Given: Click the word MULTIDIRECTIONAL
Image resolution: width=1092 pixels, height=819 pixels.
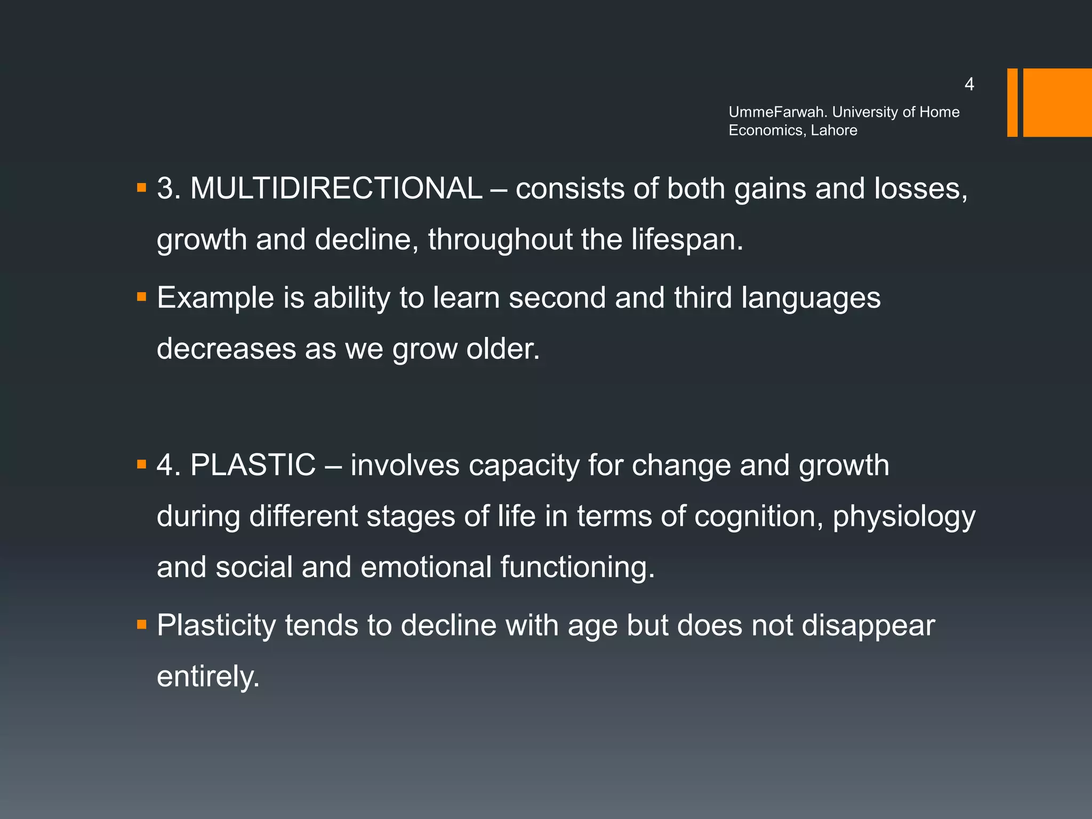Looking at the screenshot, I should click(x=336, y=189).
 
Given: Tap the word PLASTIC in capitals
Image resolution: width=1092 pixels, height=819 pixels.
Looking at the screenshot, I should click(x=253, y=465).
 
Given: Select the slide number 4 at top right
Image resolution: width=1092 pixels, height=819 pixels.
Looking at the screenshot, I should click(x=969, y=84).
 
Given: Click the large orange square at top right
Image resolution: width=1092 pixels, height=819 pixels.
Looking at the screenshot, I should click(x=1057, y=102).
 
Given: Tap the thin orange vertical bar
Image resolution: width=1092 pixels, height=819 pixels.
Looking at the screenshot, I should click(x=1012, y=102).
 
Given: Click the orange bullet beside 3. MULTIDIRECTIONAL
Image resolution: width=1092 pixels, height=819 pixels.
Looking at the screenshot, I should click(x=141, y=188).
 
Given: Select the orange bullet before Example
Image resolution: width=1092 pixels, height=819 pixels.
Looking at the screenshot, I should click(x=141, y=296).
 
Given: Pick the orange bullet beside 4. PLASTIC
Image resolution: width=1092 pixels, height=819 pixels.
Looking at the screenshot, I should click(x=141, y=464).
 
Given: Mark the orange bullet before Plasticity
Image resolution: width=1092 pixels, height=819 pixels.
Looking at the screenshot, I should click(x=141, y=624).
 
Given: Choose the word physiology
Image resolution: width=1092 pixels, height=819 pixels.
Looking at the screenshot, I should click(x=904, y=517).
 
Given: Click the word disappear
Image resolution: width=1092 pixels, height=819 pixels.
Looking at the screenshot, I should click(x=868, y=625).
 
